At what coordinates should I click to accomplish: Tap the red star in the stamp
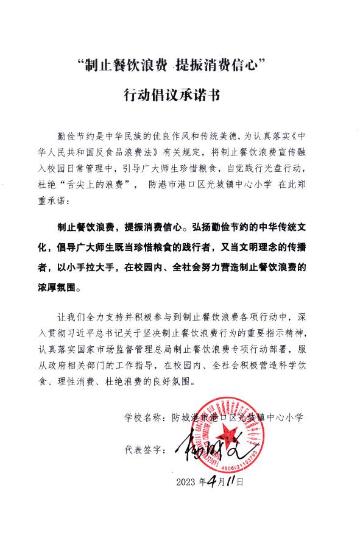231,432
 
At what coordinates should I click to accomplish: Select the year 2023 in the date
188,481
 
